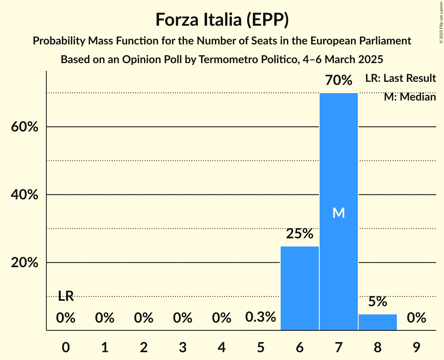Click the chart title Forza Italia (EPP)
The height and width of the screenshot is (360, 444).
click(222, 19)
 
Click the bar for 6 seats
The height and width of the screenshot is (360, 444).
click(299, 288)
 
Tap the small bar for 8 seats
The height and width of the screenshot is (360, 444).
click(377, 322)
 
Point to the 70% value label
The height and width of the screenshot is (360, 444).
click(338, 80)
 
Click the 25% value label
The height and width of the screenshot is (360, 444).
click(299, 234)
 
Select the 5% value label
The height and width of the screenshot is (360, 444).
click(377, 302)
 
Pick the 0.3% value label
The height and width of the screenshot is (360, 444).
click(260, 317)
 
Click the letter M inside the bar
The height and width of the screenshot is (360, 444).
click(338, 213)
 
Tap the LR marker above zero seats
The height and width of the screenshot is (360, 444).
click(66, 296)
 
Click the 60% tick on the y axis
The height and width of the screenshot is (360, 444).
click(25, 127)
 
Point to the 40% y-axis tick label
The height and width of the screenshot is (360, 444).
click(25, 195)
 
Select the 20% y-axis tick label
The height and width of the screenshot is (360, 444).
click(25, 263)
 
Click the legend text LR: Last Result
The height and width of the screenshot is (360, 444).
click(400, 78)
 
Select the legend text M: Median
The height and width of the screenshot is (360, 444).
click(410, 97)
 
